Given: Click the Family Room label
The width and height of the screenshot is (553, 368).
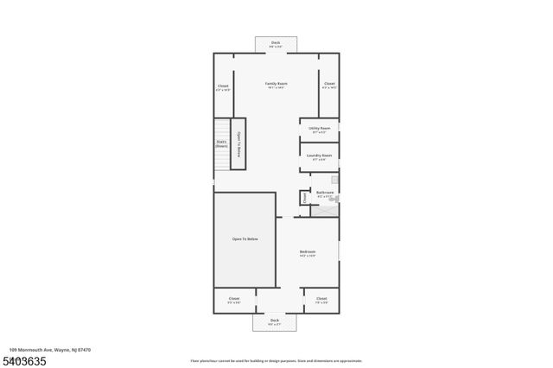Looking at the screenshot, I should tap(276, 84).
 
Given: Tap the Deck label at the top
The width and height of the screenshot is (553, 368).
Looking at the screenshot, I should tap(276, 42).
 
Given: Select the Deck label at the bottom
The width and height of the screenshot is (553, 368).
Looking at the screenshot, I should tap(275, 320).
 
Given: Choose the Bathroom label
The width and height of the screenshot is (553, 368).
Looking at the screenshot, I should tap(325, 192).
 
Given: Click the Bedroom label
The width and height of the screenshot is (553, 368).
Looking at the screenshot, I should tap(308, 252).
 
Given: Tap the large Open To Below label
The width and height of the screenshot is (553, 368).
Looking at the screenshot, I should tap(245, 238).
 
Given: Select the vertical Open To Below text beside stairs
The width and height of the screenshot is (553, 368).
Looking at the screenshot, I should tap(238, 143).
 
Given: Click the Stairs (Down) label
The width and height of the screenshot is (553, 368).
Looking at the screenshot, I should tap(221, 143).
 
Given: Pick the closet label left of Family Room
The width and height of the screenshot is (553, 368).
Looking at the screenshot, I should tap(223, 86).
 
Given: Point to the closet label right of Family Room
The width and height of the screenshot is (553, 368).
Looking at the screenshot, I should tap(329, 84).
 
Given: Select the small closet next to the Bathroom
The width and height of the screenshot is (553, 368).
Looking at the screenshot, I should tap(304, 198).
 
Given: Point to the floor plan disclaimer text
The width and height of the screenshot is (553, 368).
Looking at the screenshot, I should tap(276, 359).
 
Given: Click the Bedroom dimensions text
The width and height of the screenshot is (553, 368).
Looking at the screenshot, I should tap(308, 257).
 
